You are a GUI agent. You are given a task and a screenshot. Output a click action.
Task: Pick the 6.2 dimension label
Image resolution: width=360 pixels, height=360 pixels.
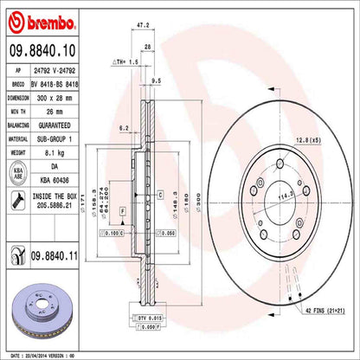click(124, 127)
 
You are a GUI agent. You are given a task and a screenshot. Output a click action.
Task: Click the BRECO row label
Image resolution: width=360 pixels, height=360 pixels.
click(16, 86)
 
